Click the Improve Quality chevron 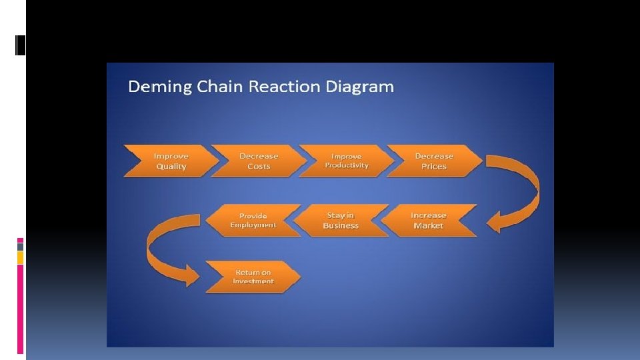click(x=171, y=161)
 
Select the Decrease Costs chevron click(x=258, y=161)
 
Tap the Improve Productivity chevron click(x=346, y=161)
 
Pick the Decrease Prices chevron click(x=434, y=161)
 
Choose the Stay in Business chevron click(x=341, y=220)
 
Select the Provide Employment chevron click(x=253, y=220)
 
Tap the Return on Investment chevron click(x=253, y=277)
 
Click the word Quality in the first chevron click(x=171, y=166)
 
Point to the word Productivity click(x=347, y=165)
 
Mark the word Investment click(x=253, y=281)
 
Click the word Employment click(x=253, y=225)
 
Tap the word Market click(x=428, y=225)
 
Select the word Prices click(x=434, y=166)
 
